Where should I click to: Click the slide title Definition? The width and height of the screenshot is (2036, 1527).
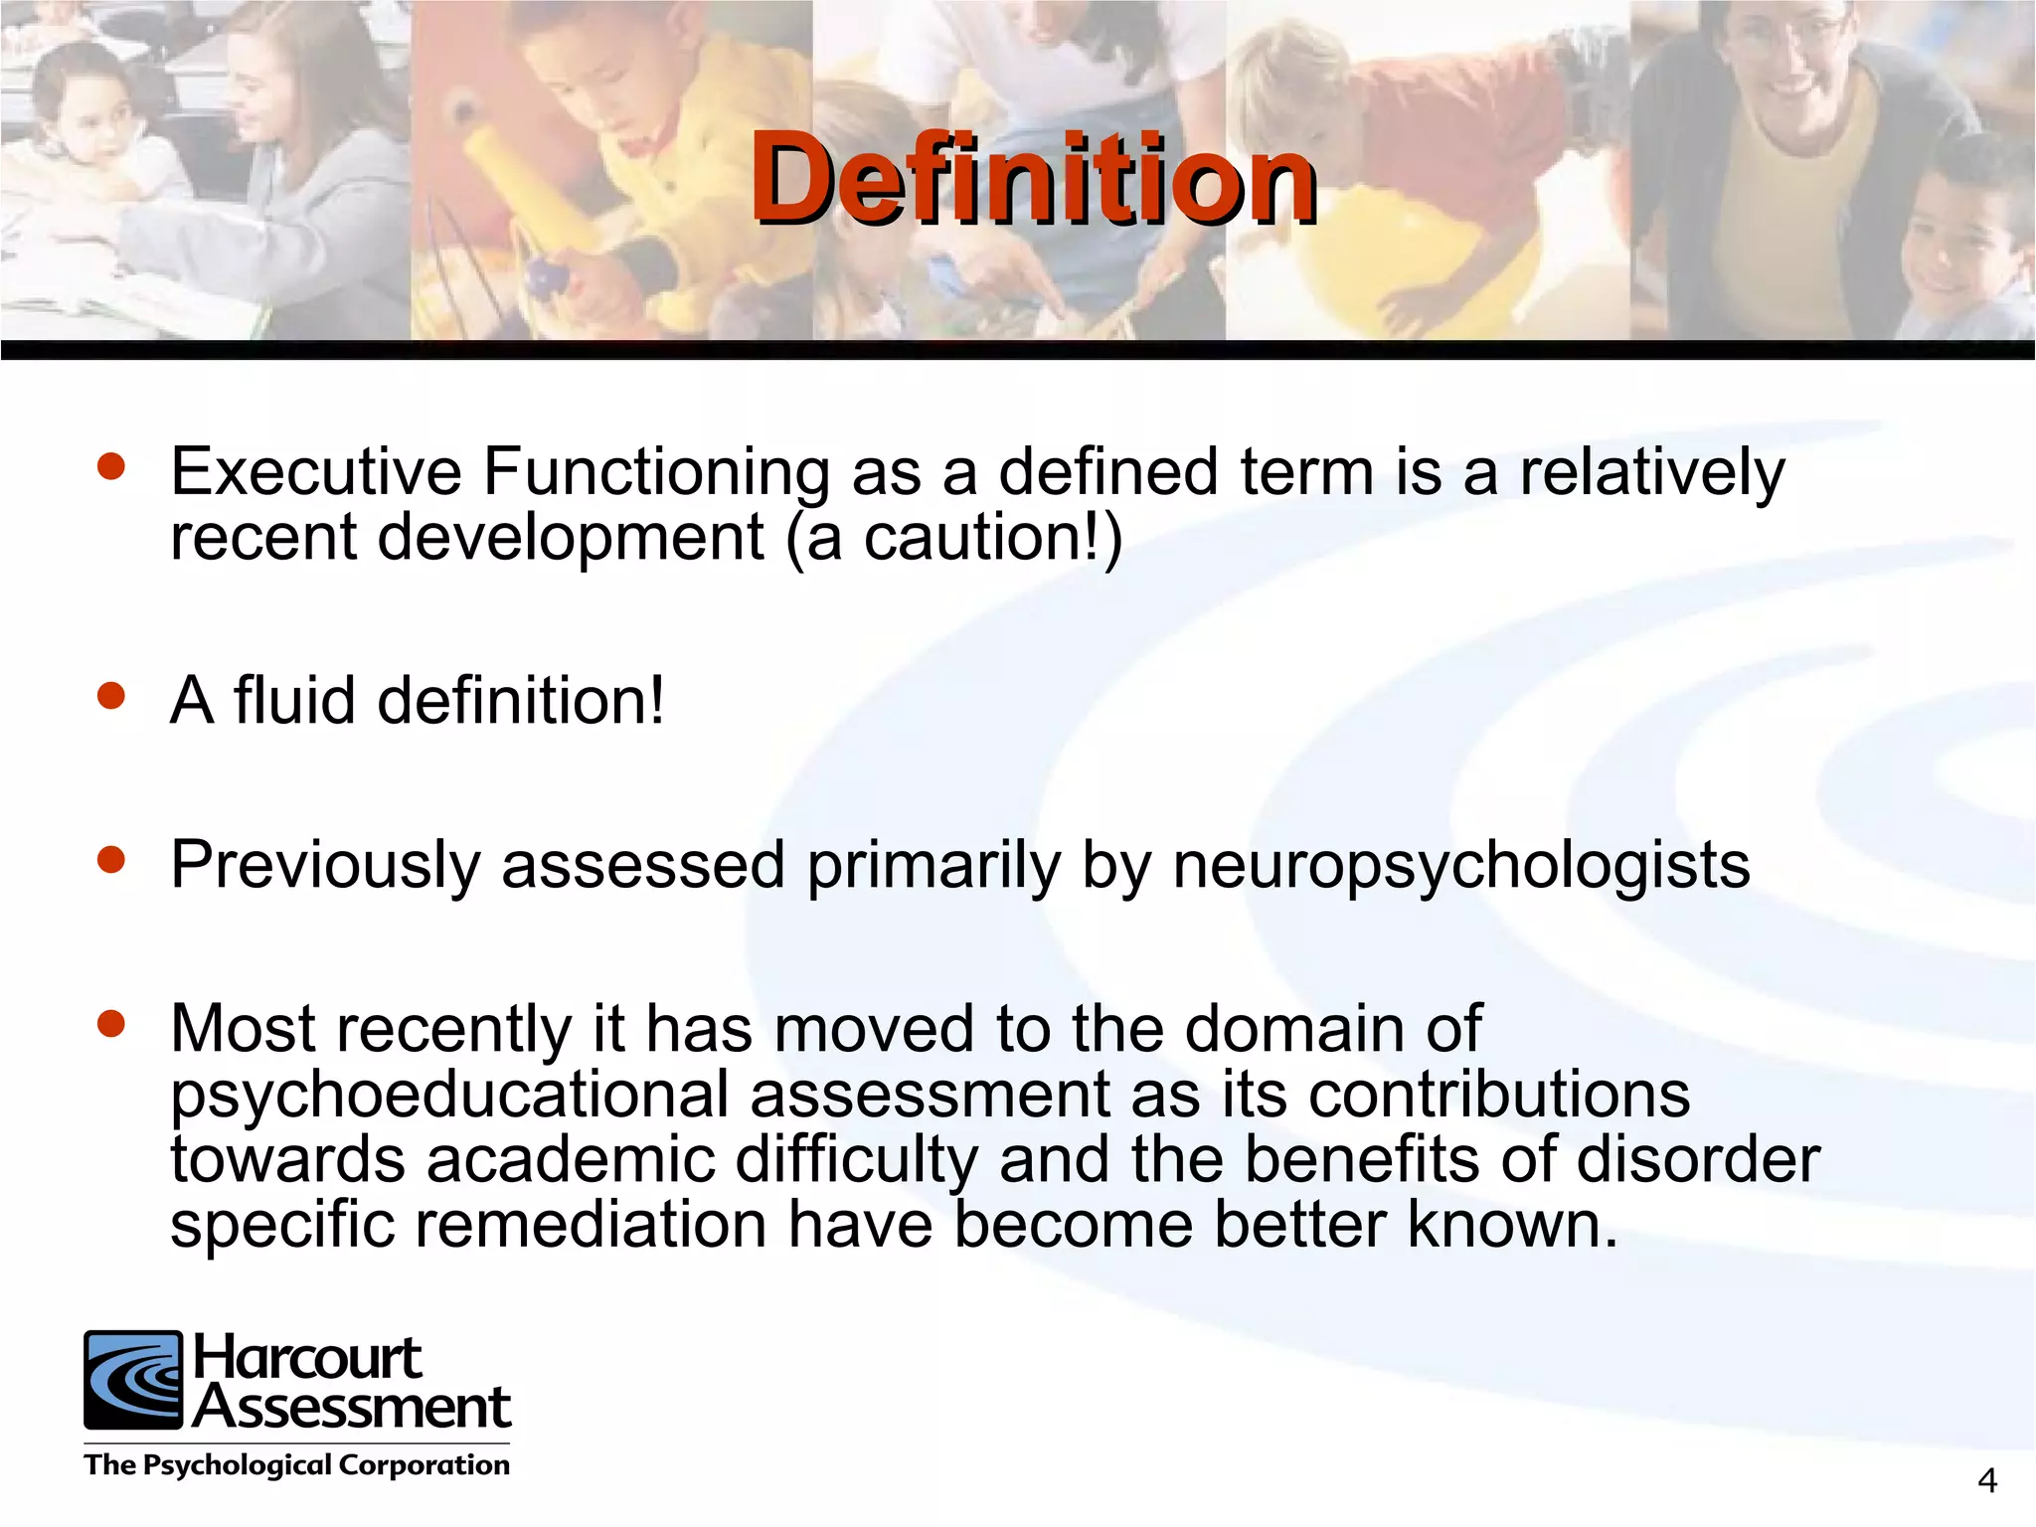(x=1034, y=179)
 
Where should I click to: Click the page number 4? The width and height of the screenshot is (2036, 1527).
(x=1986, y=1481)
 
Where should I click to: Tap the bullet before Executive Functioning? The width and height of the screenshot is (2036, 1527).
(x=111, y=467)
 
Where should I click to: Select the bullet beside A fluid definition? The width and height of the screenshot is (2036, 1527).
(x=111, y=696)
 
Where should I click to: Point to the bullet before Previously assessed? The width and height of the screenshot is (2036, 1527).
(x=111, y=860)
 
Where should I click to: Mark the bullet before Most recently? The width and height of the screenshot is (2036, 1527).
(x=111, y=1023)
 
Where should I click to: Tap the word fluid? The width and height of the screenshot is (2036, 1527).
(x=294, y=700)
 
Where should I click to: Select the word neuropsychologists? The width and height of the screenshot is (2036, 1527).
(x=1460, y=865)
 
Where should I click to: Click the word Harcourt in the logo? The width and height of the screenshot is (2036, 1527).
(x=307, y=1358)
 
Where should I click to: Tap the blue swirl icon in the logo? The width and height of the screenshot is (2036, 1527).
(x=133, y=1380)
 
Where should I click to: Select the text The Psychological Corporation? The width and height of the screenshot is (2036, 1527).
(x=296, y=1465)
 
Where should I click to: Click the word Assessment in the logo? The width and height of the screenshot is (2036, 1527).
(x=352, y=1408)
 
